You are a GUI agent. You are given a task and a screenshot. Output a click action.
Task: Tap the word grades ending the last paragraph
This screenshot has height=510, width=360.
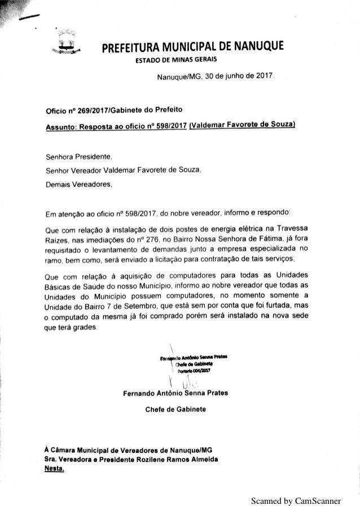pyautogui.click(x=85, y=327)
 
